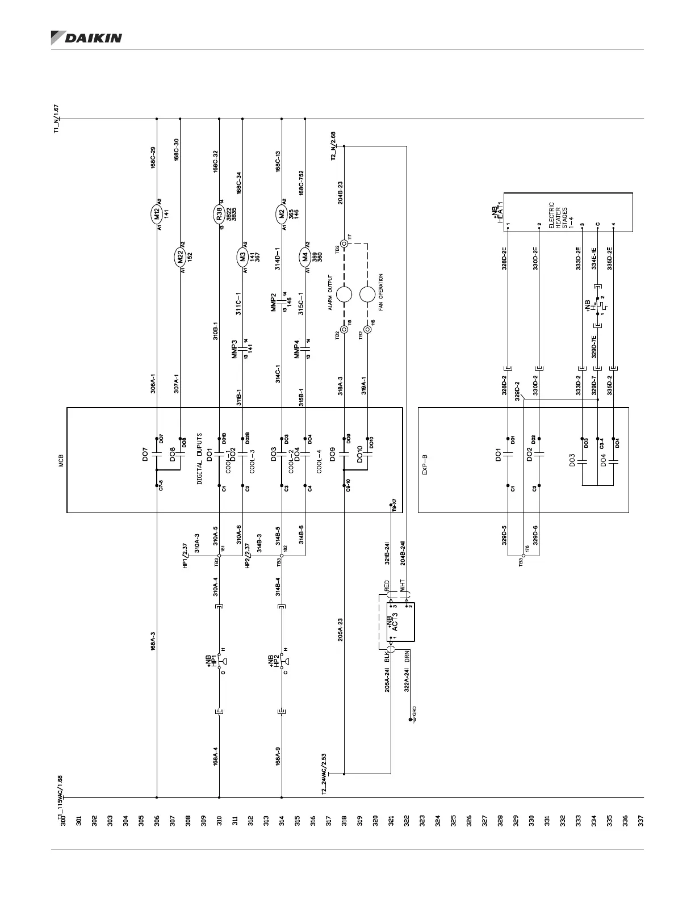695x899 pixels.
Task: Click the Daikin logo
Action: click(86, 38)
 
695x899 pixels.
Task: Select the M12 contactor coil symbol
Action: click(157, 214)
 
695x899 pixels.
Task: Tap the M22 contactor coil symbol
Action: click(180, 258)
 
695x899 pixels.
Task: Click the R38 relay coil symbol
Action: click(219, 214)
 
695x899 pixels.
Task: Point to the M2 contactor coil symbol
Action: click(282, 214)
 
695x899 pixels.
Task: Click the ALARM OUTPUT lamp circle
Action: click(344, 295)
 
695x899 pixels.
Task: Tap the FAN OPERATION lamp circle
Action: click(367, 295)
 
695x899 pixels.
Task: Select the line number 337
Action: click(640, 821)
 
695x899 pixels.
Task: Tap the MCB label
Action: click(61, 460)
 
